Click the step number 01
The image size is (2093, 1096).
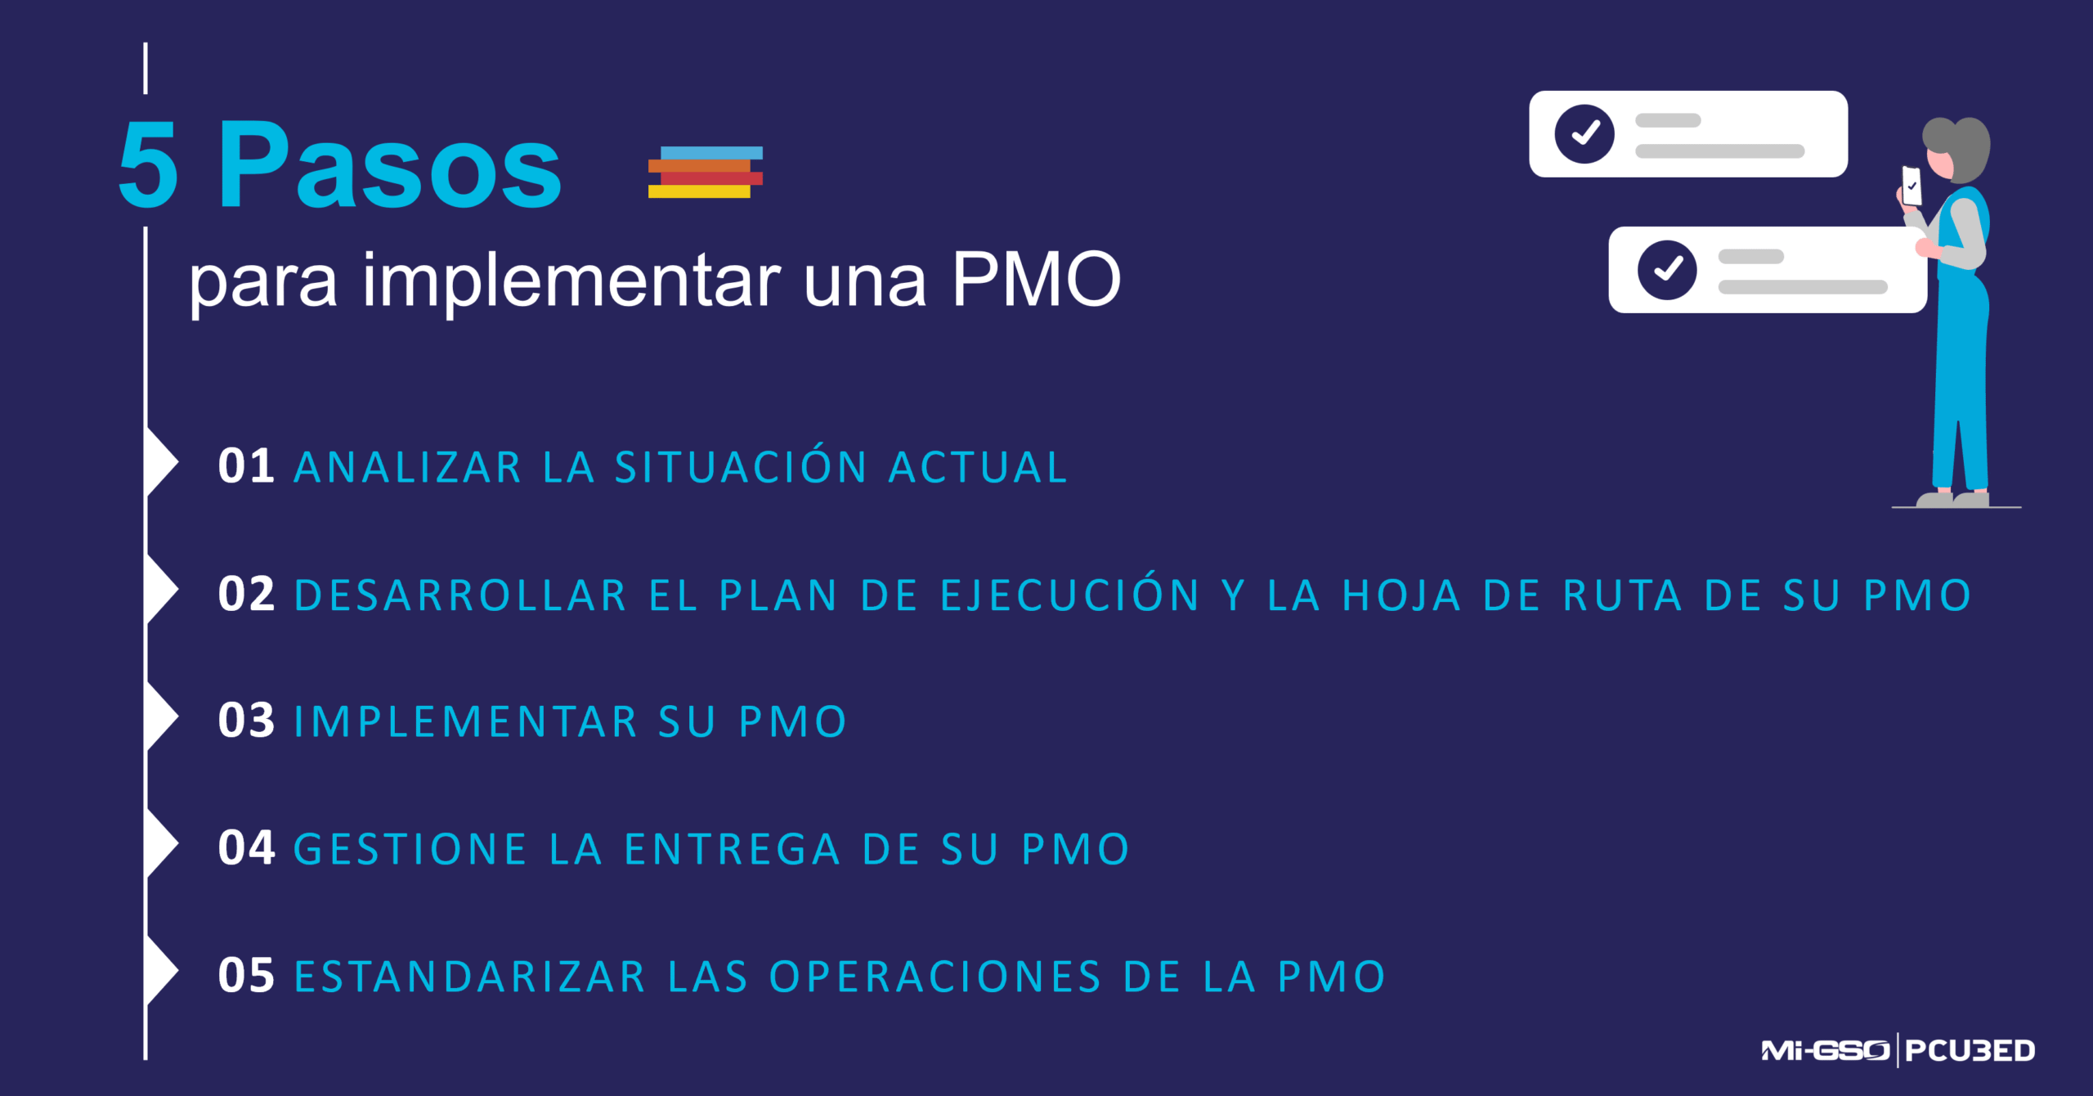pyautogui.click(x=245, y=466)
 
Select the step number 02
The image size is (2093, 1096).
pyautogui.click(x=245, y=594)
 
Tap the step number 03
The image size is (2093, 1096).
pyautogui.click(x=245, y=721)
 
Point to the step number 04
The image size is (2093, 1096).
pyautogui.click(x=245, y=847)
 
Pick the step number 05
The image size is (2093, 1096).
pyautogui.click(x=245, y=975)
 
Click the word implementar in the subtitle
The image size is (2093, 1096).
pyautogui.click(x=571, y=281)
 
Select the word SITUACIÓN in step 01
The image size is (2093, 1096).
pyautogui.click(x=740, y=466)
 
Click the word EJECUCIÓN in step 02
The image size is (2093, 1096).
pyautogui.click(x=1070, y=594)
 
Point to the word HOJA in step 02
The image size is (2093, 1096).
pyautogui.click(x=1401, y=595)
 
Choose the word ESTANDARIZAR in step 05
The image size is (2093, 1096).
pyautogui.click(x=470, y=977)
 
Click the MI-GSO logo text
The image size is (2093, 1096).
pyautogui.click(x=1825, y=1050)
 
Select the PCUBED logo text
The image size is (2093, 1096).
pyautogui.click(x=1970, y=1050)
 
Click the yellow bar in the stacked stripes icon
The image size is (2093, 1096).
pyautogui.click(x=699, y=191)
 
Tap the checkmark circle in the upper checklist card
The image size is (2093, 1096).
pyautogui.click(x=1584, y=133)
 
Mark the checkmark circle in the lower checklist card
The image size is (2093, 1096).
pyautogui.click(x=1667, y=270)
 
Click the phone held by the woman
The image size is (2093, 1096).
pyautogui.click(x=1911, y=186)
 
